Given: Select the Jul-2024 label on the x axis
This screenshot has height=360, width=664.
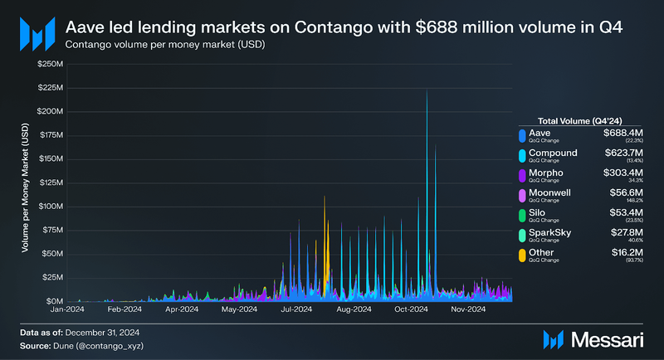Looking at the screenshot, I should pos(296,310).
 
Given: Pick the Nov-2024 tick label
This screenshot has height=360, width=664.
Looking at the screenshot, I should pos(467,310).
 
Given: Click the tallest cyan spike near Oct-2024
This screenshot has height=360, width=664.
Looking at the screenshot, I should pos(427,95).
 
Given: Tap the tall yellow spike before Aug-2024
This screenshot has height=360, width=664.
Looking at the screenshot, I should pos(325,203).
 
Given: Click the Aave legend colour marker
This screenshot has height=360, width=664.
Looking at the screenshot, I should pos(520,135).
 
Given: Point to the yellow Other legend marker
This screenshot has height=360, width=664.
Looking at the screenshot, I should pos(520,255).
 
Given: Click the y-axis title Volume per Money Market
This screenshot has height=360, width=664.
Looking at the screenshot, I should pos(25,195).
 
